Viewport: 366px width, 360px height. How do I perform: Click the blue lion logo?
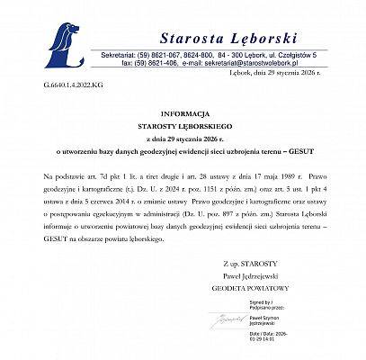tap(65, 38)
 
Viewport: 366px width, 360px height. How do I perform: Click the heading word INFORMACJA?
tap(183, 139)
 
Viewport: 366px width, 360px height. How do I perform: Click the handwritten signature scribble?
tap(221, 320)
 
